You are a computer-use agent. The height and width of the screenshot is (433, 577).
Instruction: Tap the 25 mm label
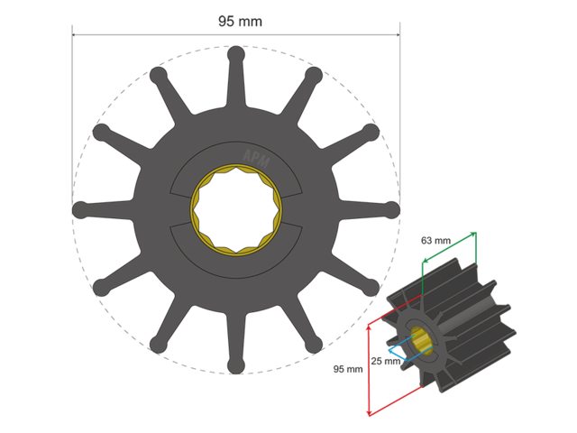[385, 362]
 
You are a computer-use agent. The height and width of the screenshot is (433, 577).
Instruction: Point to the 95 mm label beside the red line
[348, 369]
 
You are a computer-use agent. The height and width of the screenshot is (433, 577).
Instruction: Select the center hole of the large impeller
[235, 208]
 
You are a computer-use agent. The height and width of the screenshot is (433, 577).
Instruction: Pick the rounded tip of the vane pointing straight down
[235, 364]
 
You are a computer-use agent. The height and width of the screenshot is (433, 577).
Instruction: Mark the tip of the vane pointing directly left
[80, 208]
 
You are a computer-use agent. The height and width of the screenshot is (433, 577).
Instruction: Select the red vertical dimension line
[370, 371]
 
